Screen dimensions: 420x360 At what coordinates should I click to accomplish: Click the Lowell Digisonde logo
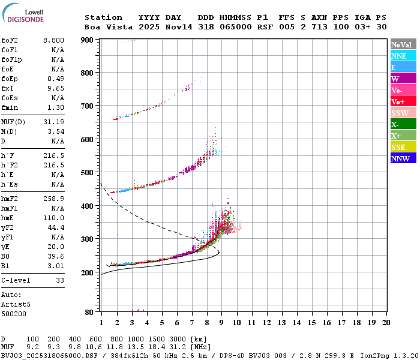pyautogui.click(x=23, y=13)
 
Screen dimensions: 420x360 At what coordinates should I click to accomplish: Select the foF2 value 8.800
pyautogui.click(x=53, y=40)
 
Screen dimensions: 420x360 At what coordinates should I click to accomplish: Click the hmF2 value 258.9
pyautogui.click(x=53, y=199)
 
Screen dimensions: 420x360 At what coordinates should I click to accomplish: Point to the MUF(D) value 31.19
pyautogui.click(x=53, y=122)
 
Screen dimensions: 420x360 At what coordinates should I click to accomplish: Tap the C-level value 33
pyautogui.click(x=60, y=280)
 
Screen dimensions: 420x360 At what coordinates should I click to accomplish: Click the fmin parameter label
pyautogui.click(x=10, y=107)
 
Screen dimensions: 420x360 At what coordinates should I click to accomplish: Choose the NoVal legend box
pyautogui.click(x=403, y=44)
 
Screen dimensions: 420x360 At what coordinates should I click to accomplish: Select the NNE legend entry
pyautogui.click(x=403, y=56)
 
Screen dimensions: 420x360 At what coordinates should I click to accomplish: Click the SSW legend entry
pyautogui.click(x=403, y=113)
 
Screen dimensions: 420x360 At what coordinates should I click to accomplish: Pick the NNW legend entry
pyautogui.click(x=403, y=158)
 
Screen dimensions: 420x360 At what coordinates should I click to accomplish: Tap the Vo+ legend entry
pyautogui.click(x=403, y=101)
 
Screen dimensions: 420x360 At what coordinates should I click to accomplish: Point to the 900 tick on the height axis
pyautogui.click(x=87, y=40)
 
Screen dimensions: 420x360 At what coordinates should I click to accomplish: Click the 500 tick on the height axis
pyautogui.click(x=87, y=173)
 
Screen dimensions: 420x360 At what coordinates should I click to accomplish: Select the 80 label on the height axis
pyautogui.click(x=89, y=312)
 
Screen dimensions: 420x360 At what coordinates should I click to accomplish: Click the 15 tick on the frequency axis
pyautogui.click(x=312, y=323)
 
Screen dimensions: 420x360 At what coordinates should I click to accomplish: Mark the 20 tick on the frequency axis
pyautogui.click(x=386, y=323)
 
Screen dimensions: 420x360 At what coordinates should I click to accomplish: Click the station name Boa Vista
pyautogui.click(x=109, y=27)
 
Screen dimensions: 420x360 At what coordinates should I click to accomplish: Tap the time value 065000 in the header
pyautogui.click(x=236, y=27)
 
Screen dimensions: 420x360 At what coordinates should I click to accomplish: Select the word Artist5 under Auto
pyautogui.click(x=16, y=305)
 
